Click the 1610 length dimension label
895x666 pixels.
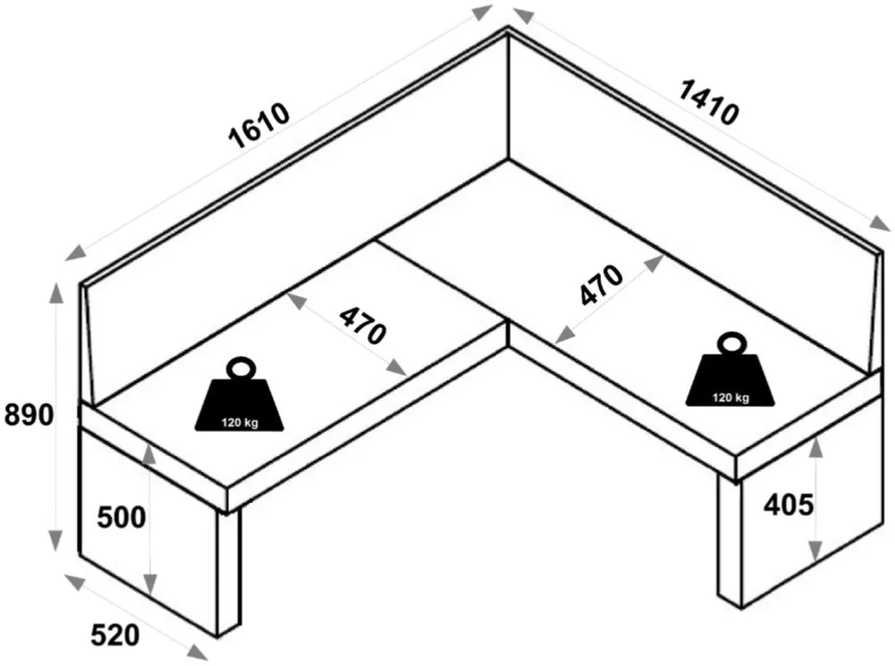(259, 125)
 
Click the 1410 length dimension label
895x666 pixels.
(708, 103)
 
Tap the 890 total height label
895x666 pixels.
(29, 415)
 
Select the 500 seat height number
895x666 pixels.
(121, 518)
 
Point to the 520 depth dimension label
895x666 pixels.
(114, 636)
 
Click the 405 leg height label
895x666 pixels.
(789, 504)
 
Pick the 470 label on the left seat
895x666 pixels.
(362, 326)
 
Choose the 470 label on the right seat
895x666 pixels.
(601, 285)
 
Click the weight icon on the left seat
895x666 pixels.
(239, 394)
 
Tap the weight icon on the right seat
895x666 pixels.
(730, 370)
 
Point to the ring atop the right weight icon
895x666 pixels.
(731, 343)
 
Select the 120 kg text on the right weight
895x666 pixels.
(730, 398)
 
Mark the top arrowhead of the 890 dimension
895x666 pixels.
(56, 292)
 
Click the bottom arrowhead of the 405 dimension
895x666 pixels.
(816, 551)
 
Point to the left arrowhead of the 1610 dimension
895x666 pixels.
(76, 253)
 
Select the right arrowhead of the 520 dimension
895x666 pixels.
(198, 653)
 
